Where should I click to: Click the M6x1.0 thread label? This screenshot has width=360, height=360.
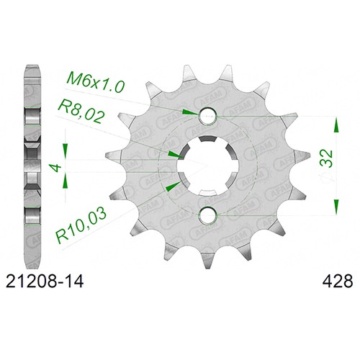[96, 83]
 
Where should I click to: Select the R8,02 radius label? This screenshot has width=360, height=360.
[81, 113]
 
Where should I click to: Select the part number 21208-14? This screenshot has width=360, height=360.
[45, 282]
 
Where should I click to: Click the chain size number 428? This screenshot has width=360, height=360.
[338, 282]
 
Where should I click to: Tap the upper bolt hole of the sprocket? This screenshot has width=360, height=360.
[207, 116]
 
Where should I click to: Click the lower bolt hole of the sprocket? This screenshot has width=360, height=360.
[207, 215]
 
